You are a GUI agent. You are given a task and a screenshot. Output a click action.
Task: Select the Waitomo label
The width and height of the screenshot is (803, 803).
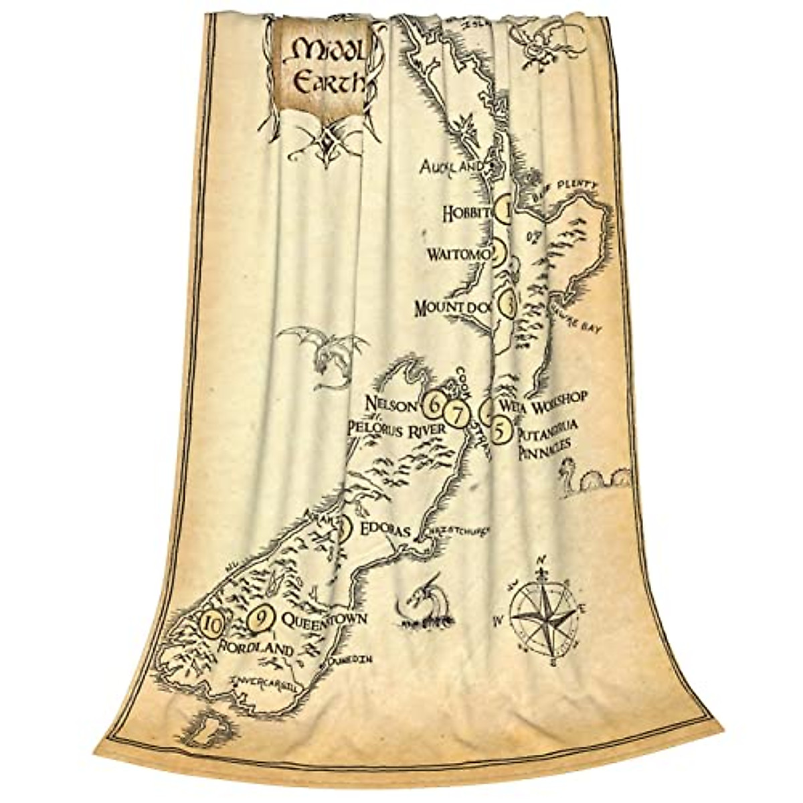point(461,254)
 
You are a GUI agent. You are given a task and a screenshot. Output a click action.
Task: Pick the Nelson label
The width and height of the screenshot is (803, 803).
point(391,404)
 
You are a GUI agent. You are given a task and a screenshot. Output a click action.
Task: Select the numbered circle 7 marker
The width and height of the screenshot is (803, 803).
point(458,414)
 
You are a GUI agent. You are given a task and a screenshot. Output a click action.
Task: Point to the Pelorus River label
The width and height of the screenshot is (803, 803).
point(393,429)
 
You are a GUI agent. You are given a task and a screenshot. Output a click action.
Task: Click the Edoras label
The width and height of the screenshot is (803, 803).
point(384,530)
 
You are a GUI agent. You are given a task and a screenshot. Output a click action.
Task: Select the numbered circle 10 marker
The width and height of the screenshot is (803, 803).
point(212,625)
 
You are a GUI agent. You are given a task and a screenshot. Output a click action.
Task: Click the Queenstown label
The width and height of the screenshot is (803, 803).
point(324,620)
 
